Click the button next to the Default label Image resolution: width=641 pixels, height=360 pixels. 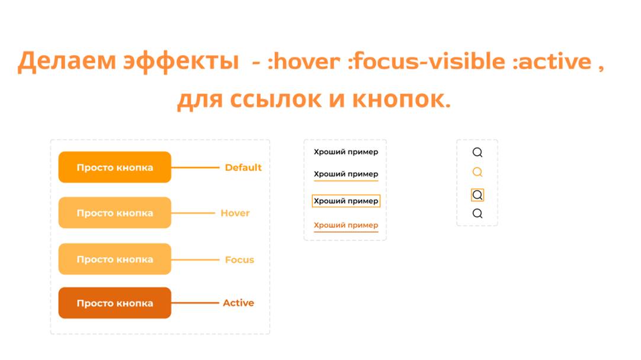[115, 168]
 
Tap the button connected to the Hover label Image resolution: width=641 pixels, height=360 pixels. [115, 213]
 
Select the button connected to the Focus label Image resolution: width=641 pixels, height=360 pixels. [115, 259]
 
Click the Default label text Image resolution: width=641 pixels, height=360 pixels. [243, 168]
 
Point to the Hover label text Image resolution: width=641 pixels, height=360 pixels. [235, 213]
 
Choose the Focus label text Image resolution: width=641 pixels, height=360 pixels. [239, 260]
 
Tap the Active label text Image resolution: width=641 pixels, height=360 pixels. [238, 303]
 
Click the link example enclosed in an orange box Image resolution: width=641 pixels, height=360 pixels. [346, 201]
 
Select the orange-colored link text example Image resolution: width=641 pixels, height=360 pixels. [346, 225]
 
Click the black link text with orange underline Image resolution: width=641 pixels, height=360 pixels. [346, 174]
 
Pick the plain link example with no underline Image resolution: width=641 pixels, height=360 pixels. [346, 152]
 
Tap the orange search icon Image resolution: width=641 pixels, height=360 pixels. [477, 172]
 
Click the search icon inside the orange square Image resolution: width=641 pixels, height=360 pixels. [477, 195]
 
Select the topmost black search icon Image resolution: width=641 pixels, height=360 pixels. [477, 152]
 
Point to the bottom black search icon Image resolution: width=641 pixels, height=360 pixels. [477, 214]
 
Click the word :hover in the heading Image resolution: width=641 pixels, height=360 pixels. [305, 62]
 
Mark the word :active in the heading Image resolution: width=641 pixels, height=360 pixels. [553, 62]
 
